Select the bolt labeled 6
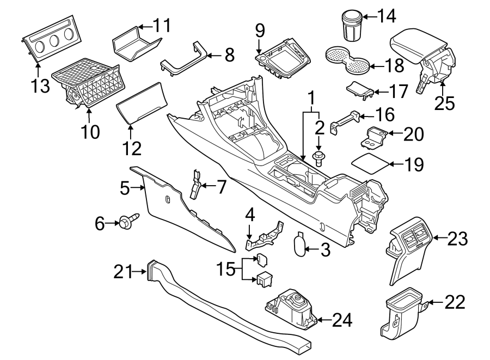point(127,222)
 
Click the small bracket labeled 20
point(376,136)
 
